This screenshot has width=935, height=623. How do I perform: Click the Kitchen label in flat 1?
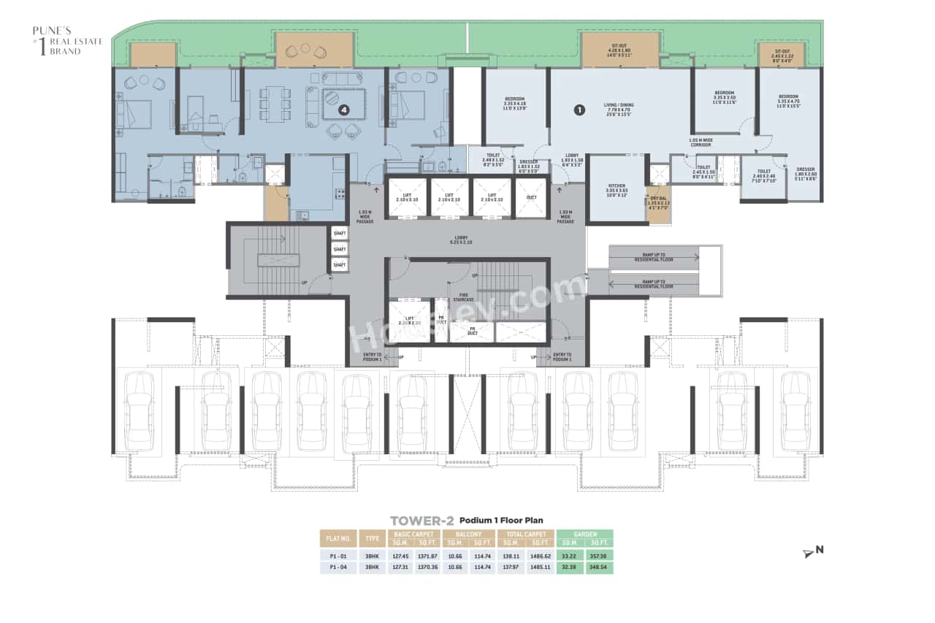pyautogui.click(x=618, y=192)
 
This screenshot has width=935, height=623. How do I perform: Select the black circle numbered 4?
pyautogui.click(x=343, y=110)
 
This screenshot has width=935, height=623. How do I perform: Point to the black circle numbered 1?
pyautogui.click(x=579, y=110)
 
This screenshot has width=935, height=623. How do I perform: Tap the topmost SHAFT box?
pyautogui.click(x=339, y=234)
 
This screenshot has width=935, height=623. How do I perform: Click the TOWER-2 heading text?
pyautogui.click(x=421, y=521)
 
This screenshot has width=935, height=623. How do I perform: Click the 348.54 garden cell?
pyautogui.click(x=599, y=567)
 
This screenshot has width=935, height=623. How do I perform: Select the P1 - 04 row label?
pyautogui.click(x=337, y=567)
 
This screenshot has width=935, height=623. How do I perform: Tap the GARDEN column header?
pyautogui.click(x=584, y=535)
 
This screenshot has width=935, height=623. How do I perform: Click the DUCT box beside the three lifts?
pyautogui.click(x=531, y=197)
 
